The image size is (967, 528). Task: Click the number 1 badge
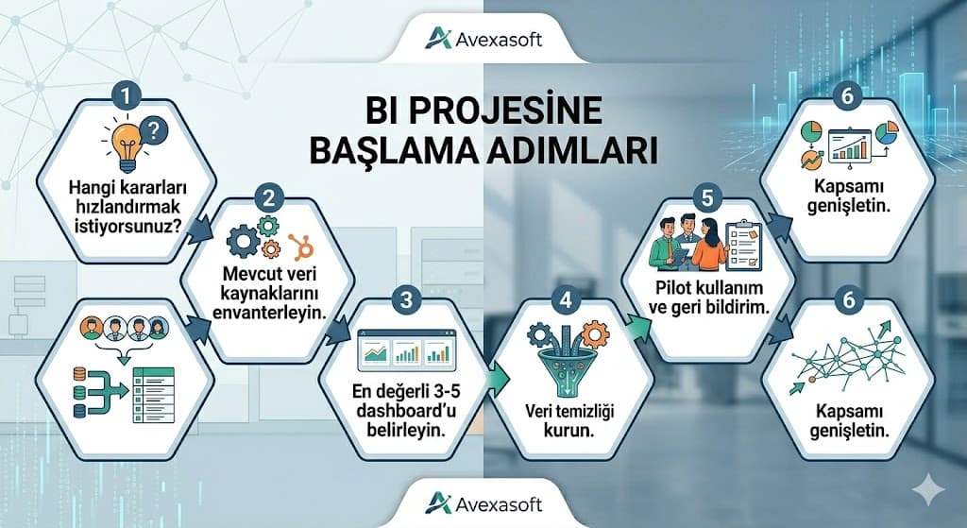coord(127,95)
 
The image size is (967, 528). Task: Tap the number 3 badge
coord(406,301)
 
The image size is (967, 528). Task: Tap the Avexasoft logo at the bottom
coord(483,499)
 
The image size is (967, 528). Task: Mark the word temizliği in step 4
coord(584,412)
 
